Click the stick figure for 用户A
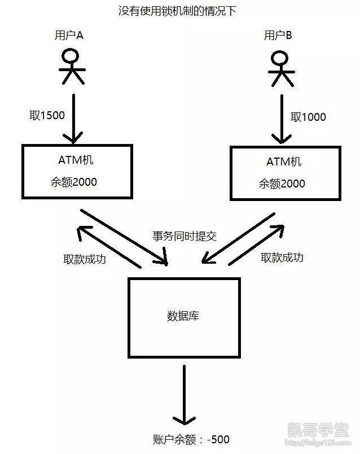[x=72, y=66]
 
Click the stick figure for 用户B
[x=280, y=68]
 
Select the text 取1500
[x=47, y=115]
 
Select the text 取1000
[x=308, y=117]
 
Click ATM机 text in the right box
[x=284, y=162]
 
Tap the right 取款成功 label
[x=282, y=257]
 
